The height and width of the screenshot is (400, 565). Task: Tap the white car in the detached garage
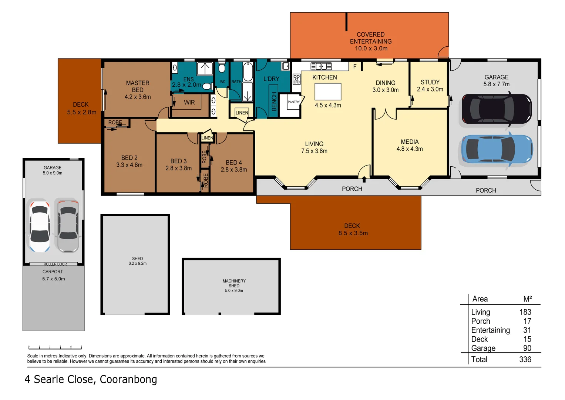40,226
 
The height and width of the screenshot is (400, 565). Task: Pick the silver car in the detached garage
68,225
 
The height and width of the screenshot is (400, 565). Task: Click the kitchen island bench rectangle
328,91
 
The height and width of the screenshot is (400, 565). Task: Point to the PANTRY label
294,102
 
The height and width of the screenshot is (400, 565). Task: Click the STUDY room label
430,82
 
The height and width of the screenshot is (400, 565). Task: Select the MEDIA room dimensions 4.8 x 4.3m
410,149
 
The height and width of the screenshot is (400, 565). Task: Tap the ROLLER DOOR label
55,264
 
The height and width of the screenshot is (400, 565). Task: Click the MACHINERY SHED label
234,283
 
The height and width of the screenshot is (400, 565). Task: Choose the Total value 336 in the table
525,359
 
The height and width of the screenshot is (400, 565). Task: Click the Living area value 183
525,312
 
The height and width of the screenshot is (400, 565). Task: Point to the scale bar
55,347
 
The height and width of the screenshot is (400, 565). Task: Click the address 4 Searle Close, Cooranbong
91,379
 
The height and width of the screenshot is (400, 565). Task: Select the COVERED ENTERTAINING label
371,38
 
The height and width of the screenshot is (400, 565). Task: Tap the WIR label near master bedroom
189,102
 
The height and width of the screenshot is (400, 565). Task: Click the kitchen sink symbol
321,66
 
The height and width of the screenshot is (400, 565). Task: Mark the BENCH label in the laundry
274,101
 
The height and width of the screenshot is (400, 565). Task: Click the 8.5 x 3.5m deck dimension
353,233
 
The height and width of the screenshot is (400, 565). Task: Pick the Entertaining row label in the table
490,330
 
